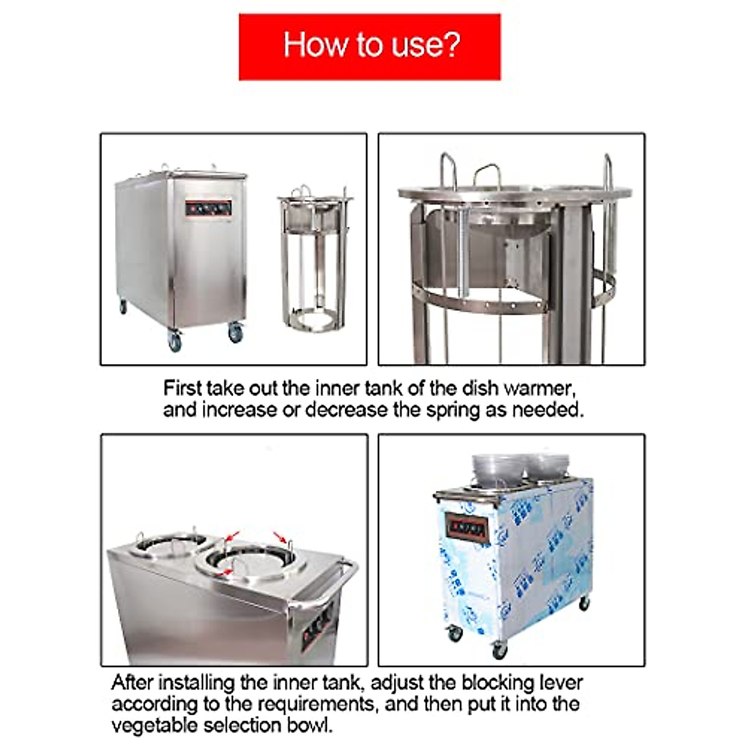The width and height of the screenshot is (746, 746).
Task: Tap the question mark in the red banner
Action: tap(452, 45)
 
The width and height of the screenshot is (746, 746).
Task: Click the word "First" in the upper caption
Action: tap(182, 389)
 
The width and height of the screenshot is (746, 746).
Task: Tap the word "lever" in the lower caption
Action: tap(559, 683)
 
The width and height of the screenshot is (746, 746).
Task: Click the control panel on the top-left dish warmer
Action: tap(208, 208)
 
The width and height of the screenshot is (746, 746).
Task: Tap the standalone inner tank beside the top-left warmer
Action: tap(314, 261)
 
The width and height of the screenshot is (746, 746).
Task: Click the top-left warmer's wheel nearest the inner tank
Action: tap(235, 333)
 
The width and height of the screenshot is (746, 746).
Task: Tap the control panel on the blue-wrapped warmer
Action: tap(468, 528)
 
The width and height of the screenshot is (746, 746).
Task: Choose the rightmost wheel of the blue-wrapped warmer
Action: tap(584, 602)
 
